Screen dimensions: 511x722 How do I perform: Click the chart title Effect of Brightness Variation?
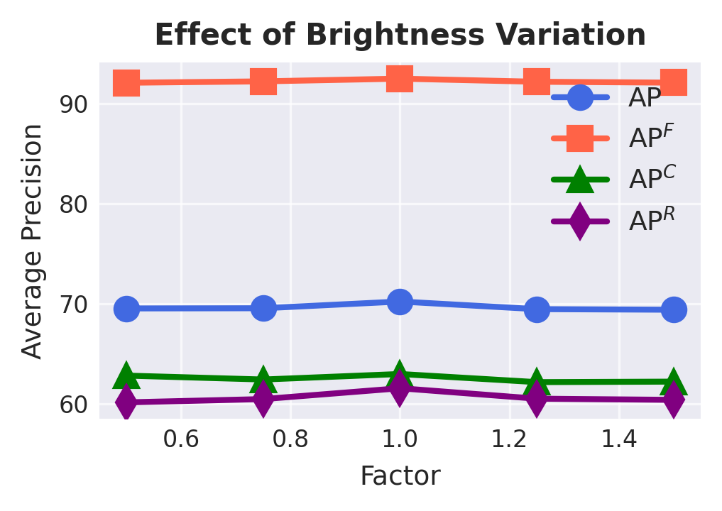[x=400, y=35]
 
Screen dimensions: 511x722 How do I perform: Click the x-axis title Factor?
[x=400, y=476]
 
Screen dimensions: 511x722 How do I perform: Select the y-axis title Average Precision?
[x=32, y=241]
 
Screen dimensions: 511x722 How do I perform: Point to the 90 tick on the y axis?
[x=74, y=104]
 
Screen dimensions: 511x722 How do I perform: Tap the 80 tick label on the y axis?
[x=74, y=204]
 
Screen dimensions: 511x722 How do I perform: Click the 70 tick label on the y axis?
[x=74, y=304]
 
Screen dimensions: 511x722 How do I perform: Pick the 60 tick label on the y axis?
[x=74, y=405]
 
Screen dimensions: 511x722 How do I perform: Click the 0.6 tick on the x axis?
[x=180, y=439]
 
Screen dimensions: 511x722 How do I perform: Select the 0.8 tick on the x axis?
[x=290, y=439]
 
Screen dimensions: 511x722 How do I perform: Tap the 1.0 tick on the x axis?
[x=400, y=439]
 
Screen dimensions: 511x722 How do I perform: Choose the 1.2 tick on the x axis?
[x=509, y=439]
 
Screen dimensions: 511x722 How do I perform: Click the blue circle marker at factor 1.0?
[x=400, y=302]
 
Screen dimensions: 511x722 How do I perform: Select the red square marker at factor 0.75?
[x=263, y=81]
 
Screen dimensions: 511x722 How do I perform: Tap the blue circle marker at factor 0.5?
[x=126, y=308]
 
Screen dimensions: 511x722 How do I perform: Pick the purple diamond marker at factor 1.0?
[x=400, y=388]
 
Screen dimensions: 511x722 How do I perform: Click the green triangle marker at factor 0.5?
[x=126, y=375]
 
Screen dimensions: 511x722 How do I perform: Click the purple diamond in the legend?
[x=580, y=221]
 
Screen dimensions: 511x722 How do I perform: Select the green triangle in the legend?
[x=580, y=179]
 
